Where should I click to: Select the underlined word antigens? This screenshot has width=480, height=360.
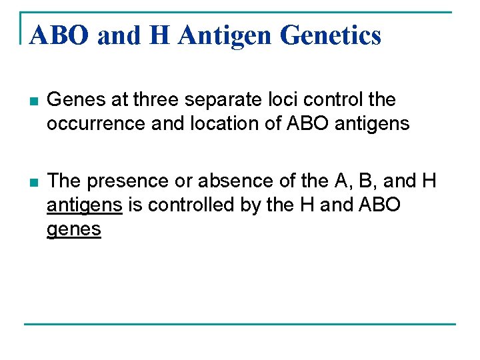[x=85, y=205]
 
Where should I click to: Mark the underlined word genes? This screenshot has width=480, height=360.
[x=74, y=229]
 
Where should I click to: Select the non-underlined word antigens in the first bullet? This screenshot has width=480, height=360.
[x=376, y=124]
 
